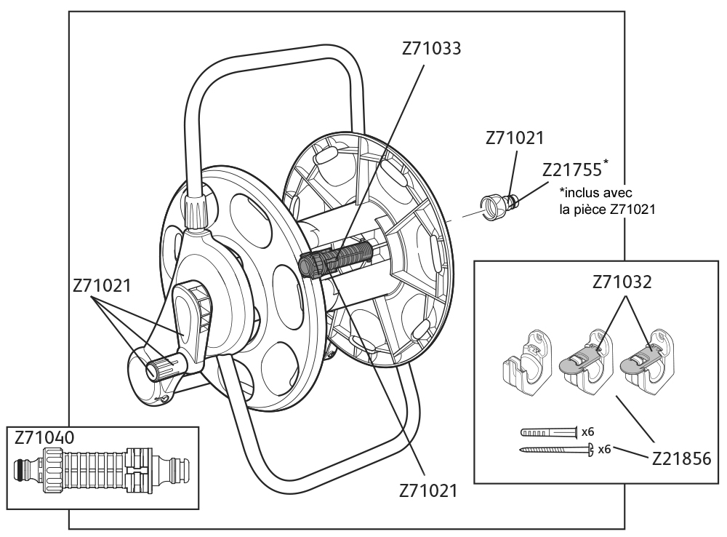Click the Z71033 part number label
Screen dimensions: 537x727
(431, 49)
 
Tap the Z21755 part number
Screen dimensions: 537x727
(571, 169)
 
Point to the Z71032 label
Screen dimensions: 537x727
(622, 282)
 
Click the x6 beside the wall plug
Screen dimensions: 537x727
(588, 431)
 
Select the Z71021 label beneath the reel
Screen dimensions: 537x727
(429, 490)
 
